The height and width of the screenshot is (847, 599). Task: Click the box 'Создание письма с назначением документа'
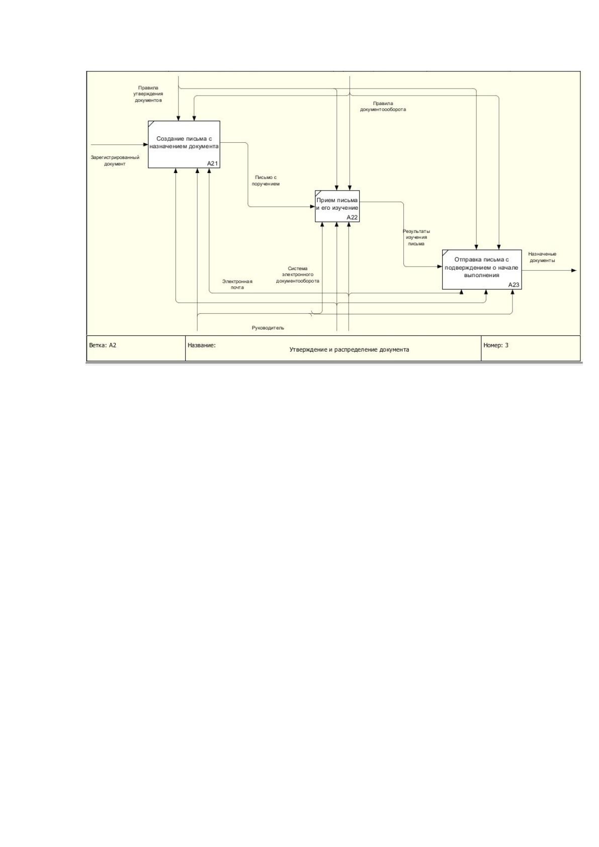pyautogui.click(x=184, y=144)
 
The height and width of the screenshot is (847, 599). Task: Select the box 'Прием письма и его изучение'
pyautogui.click(x=337, y=206)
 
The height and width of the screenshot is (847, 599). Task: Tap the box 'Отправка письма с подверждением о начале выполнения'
pyautogui.click(x=482, y=270)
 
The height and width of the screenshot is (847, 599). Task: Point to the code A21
pyautogui.click(x=213, y=164)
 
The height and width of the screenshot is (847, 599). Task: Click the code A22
pyautogui.click(x=352, y=217)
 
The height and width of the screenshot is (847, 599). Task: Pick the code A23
pyautogui.click(x=514, y=285)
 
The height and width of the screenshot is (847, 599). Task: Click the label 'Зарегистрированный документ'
pyautogui.click(x=115, y=161)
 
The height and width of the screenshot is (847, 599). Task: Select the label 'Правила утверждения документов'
pyautogui.click(x=148, y=94)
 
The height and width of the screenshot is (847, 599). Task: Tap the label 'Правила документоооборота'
pyautogui.click(x=383, y=106)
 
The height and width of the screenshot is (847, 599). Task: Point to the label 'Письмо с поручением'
pyautogui.click(x=266, y=181)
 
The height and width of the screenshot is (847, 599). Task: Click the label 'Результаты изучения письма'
pyautogui.click(x=416, y=237)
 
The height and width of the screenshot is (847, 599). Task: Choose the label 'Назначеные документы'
pyautogui.click(x=542, y=257)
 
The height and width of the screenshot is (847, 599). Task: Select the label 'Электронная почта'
pyautogui.click(x=237, y=284)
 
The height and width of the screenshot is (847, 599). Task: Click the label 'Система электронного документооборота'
pyautogui.click(x=298, y=275)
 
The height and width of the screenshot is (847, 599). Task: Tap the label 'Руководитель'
pyautogui.click(x=268, y=328)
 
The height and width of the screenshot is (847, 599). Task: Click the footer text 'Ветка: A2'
pyautogui.click(x=103, y=345)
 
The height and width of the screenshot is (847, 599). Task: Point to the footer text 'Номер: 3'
pyautogui.click(x=496, y=345)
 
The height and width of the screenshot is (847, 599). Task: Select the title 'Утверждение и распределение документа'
pyautogui.click(x=349, y=350)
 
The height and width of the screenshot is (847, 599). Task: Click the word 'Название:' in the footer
pyautogui.click(x=202, y=345)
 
